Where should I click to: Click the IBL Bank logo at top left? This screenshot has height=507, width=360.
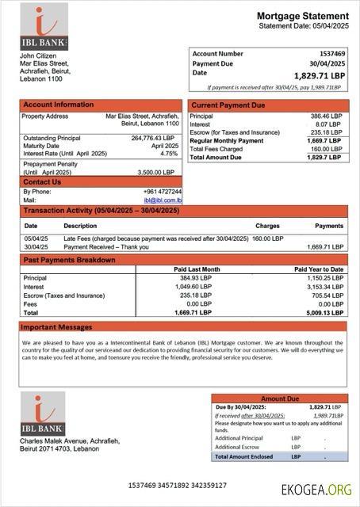tap(44, 28)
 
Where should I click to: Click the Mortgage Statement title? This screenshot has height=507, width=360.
tap(302, 16)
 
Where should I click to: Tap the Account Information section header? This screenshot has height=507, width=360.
tap(58, 105)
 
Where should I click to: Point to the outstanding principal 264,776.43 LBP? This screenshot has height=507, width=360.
tap(152, 138)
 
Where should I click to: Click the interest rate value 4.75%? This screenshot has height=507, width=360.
tap(169, 154)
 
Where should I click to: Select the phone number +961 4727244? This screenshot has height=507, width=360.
tap(163, 192)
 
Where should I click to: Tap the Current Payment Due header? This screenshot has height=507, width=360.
tap(228, 105)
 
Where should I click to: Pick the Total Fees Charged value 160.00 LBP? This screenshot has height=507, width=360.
tap(325, 149)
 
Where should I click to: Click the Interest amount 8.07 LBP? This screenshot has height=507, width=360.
tap(328, 124)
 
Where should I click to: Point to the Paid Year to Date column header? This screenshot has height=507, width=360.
tap(319, 269)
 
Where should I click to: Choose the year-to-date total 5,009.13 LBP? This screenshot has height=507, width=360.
tap(325, 313)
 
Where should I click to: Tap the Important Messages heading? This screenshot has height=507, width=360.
tap(56, 326)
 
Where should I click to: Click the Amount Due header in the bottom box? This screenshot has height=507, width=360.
tap(279, 398)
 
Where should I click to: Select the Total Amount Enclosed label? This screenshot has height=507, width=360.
tap(243, 456)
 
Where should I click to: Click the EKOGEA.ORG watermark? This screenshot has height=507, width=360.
tap(316, 490)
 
